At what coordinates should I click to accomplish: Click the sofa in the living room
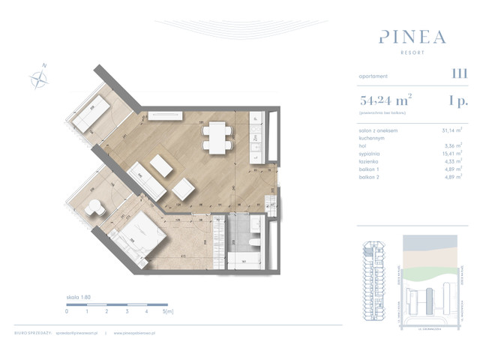pos(146,181)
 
